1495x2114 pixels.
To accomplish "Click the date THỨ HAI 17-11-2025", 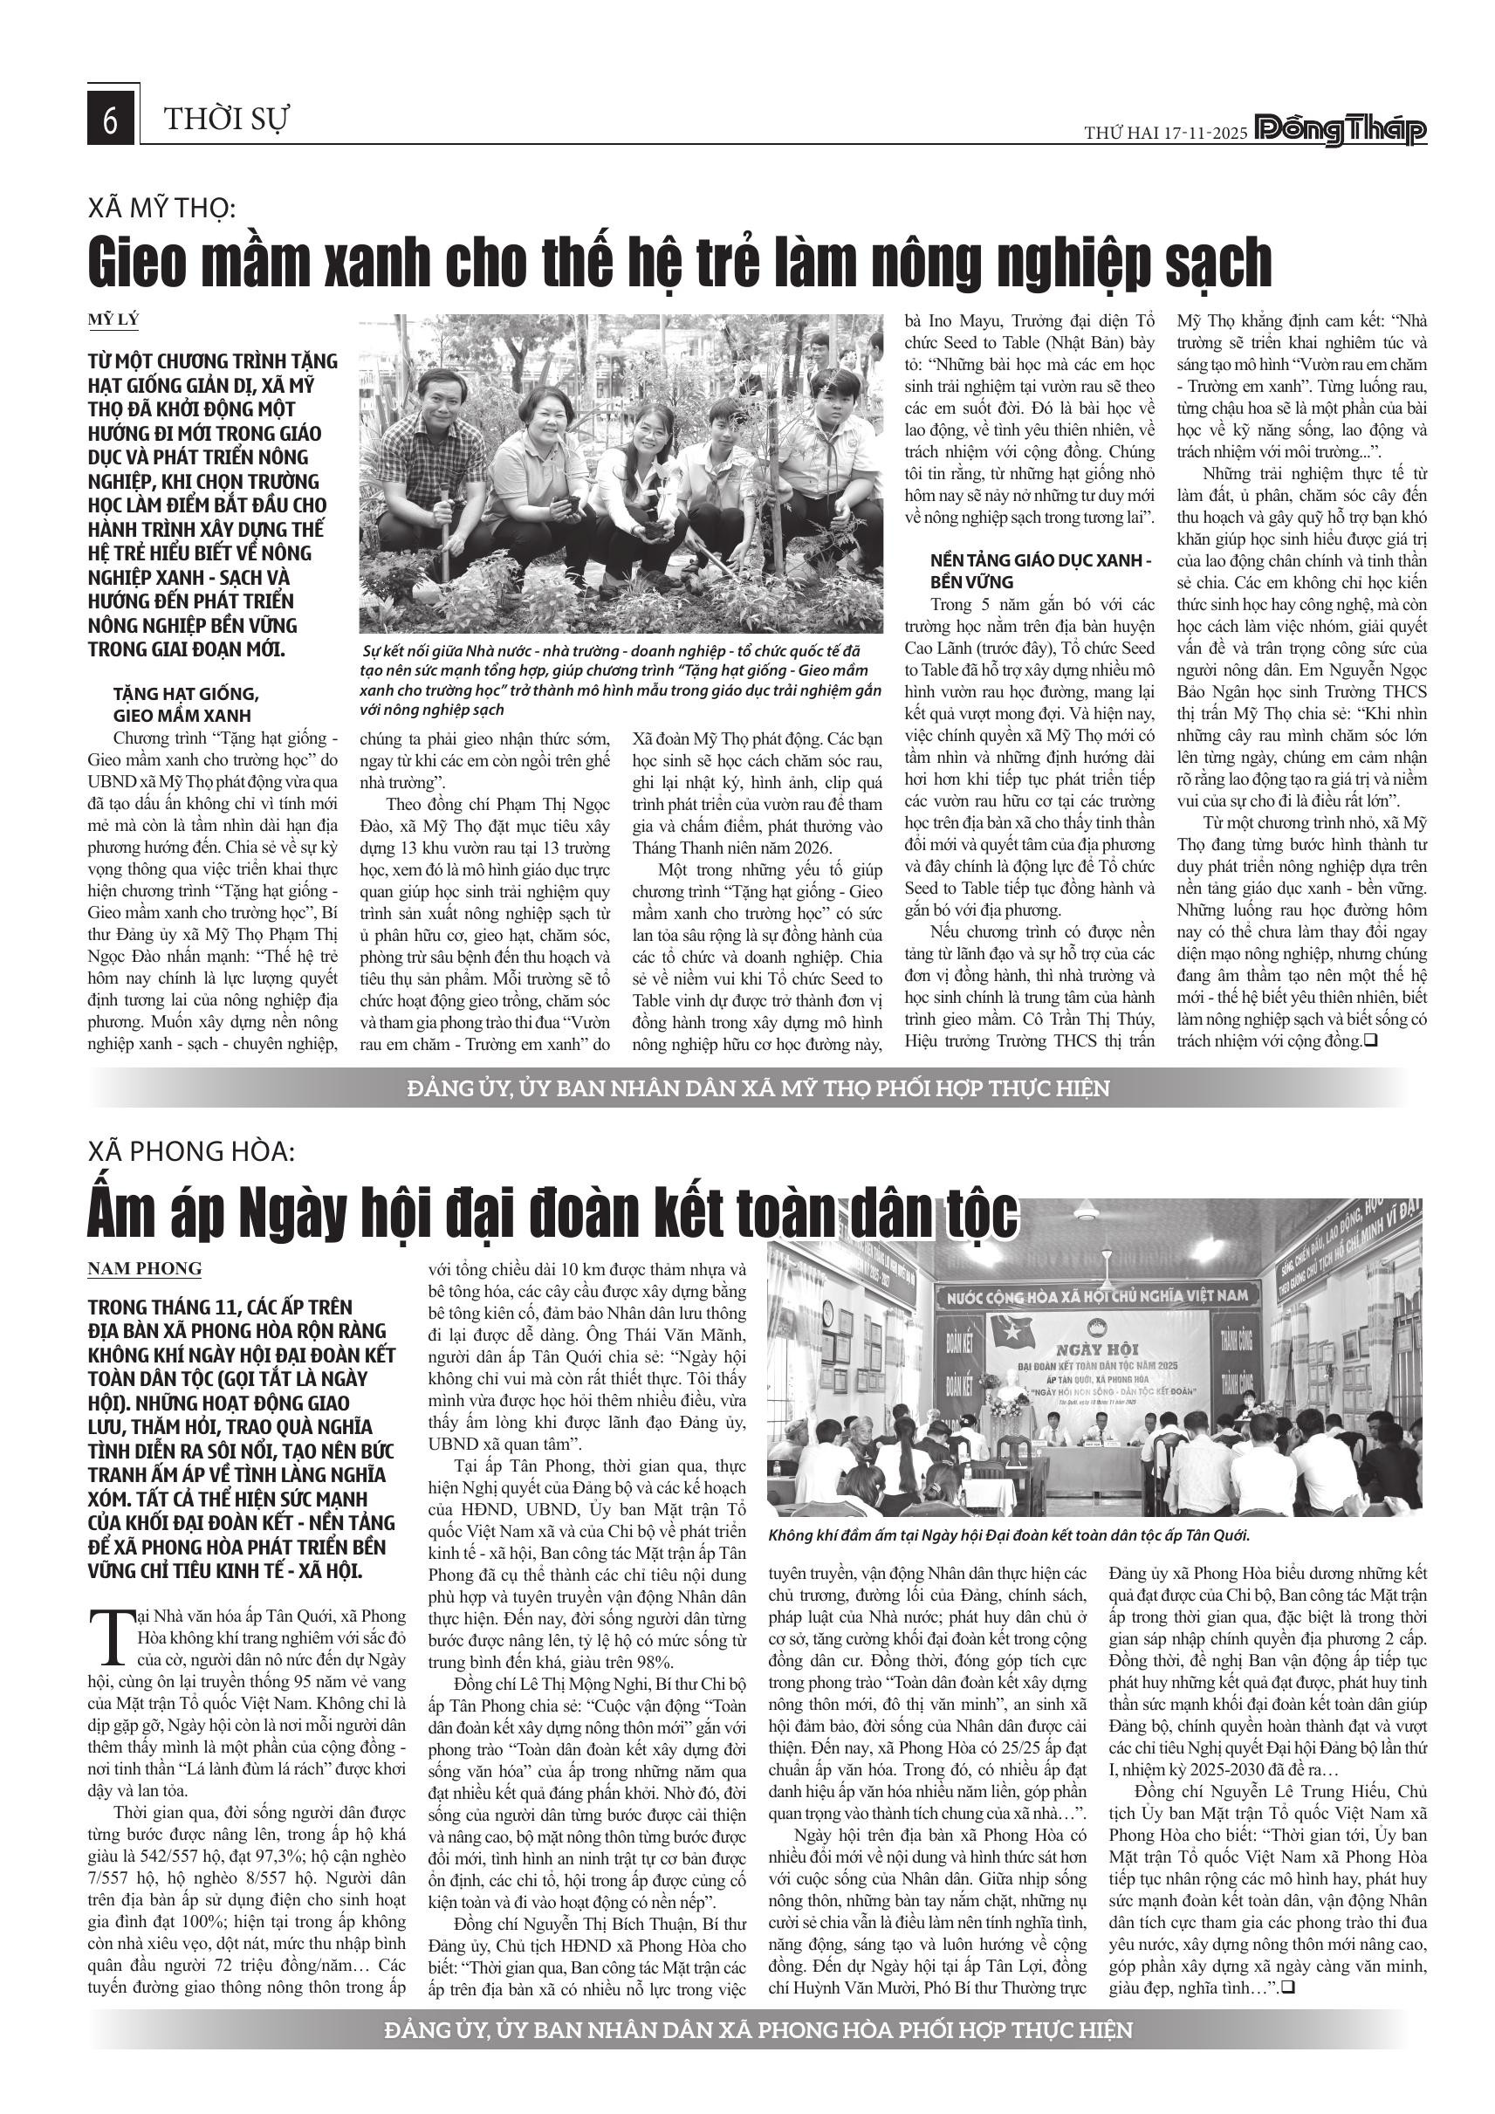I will pyautogui.click(x=1165, y=134).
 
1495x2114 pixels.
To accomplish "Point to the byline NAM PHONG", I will pyautogui.click(x=145, y=1268).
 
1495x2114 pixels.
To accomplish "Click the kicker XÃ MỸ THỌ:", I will pyautogui.click(x=161, y=208).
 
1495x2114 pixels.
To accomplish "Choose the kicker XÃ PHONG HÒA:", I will pyautogui.click(x=191, y=1151).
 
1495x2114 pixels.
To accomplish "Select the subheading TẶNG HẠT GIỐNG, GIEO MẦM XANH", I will pyautogui.click(x=180, y=704).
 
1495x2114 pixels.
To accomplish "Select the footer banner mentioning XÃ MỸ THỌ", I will pyautogui.click(x=758, y=1088).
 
